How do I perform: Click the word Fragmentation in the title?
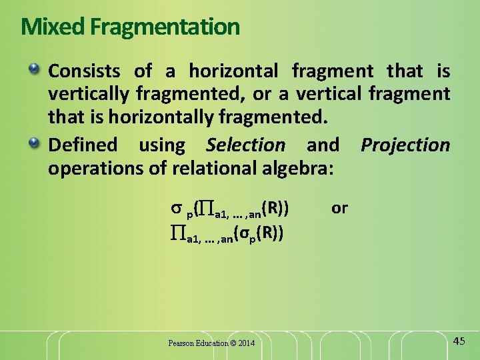[x=165, y=27]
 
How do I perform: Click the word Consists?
[x=84, y=71]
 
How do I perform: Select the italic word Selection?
[x=245, y=145]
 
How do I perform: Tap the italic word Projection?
[x=405, y=145]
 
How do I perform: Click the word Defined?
[x=83, y=145]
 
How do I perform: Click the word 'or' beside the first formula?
[x=339, y=208]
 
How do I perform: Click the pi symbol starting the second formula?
[x=177, y=233]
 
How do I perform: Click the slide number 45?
[x=458, y=341]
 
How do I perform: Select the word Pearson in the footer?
[x=181, y=343]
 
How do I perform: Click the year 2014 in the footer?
[x=245, y=343]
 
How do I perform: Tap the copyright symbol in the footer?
[x=232, y=343]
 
